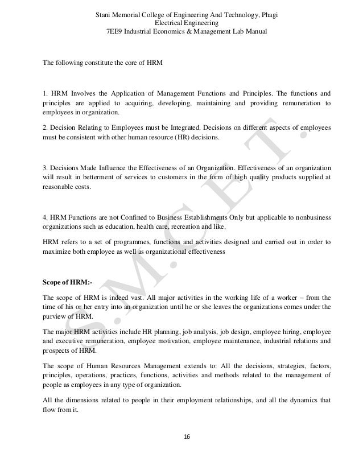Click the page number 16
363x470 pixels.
(x=181, y=436)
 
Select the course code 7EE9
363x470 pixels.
(x=118, y=31)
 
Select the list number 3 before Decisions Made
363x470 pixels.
(x=45, y=166)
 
